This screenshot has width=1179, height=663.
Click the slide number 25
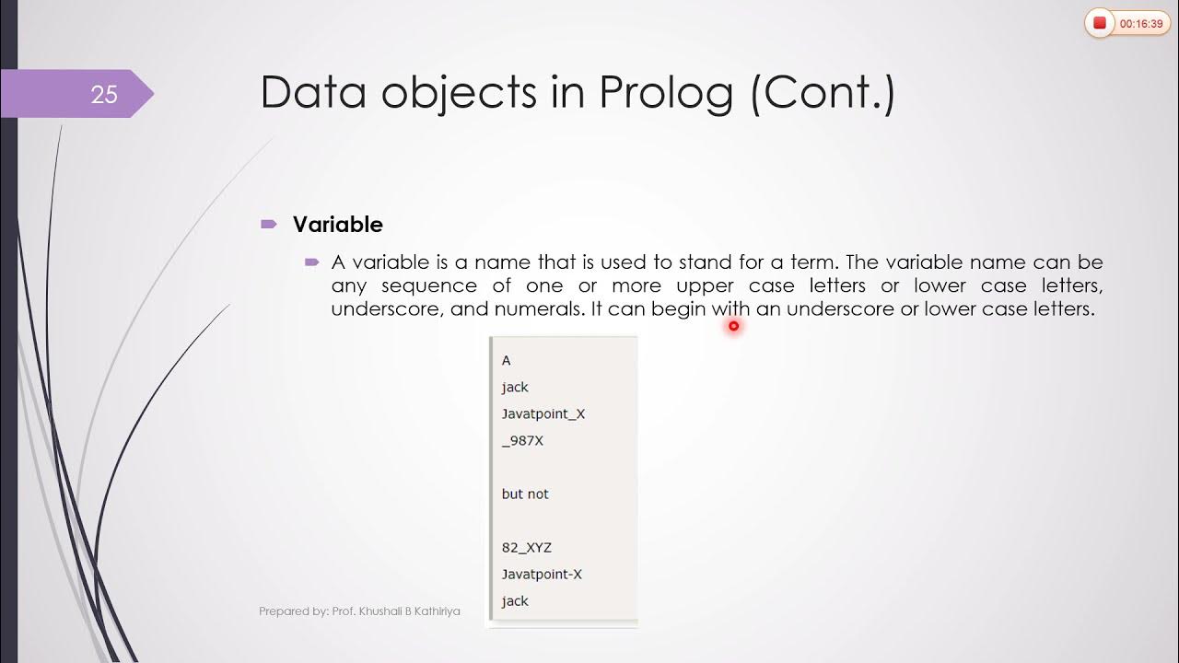pyautogui.click(x=104, y=94)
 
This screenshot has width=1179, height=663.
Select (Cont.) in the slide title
pyautogui.click(x=823, y=92)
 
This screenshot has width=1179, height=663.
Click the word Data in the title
pyautogui.click(x=313, y=92)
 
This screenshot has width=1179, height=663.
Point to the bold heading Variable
pyautogui.click(x=337, y=225)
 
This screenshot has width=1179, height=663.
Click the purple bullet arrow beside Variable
pyautogui.click(x=268, y=224)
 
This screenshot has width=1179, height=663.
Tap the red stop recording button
pyautogui.click(x=1100, y=24)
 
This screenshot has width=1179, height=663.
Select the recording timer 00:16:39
pyautogui.click(x=1141, y=24)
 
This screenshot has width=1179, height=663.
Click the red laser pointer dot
pyautogui.click(x=733, y=325)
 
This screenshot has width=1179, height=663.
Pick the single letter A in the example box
pyautogui.click(x=506, y=361)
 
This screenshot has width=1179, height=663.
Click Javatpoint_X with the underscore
pyautogui.click(x=543, y=414)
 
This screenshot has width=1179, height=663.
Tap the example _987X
pyautogui.click(x=522, y=441)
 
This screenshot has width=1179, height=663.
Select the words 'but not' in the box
pyautogui.click(x=525, y=494)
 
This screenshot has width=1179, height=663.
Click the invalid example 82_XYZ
pyautogui.click(x=526, y=548)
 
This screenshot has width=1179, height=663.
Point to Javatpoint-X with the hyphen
pyautogui.click(x=542, y=575)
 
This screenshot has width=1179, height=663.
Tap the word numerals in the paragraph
pyautogui.click(x=538, y=309)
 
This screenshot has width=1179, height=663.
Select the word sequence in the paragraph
pyautogui.click(x=429, y=285)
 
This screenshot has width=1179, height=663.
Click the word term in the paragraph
pyautogui.click(x=811, y=262)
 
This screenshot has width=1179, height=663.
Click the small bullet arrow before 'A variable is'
pyautogui.click(x=311, y=262)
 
